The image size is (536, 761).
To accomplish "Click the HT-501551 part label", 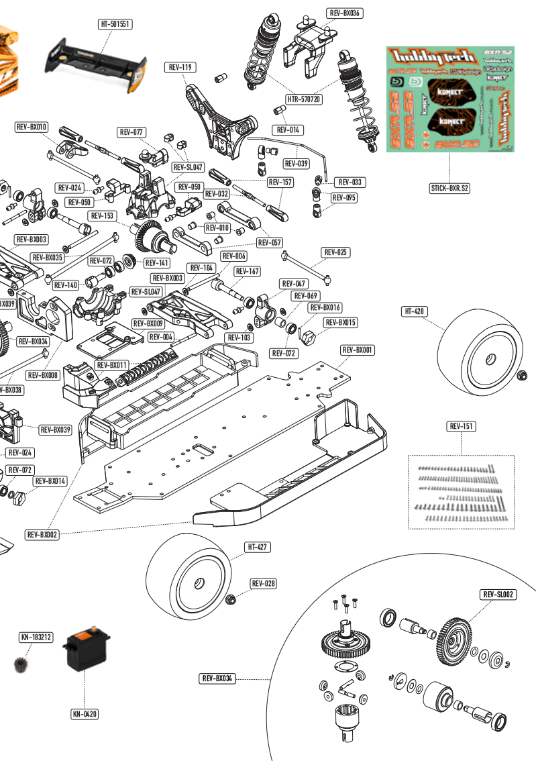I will pos(115,24).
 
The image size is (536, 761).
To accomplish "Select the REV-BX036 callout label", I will pos(345,13).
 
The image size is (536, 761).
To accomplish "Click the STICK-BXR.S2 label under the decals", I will pos(449,189).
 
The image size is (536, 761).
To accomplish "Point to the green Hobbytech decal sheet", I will pos(449,99).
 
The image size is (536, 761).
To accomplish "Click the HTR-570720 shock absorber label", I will pos(304,99).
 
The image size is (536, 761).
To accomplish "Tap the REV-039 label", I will pos(296,164).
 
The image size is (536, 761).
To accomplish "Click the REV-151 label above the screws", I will pos(462,426).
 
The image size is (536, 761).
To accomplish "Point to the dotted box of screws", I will pos(461,492).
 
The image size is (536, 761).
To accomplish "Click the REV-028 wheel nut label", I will pos(264,584).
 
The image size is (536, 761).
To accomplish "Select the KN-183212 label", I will pos(36,637).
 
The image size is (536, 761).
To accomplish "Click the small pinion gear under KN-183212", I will pos(21,664).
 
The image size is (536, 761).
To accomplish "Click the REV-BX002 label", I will pos(42,535).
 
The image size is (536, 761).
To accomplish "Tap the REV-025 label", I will pos(336,252).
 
